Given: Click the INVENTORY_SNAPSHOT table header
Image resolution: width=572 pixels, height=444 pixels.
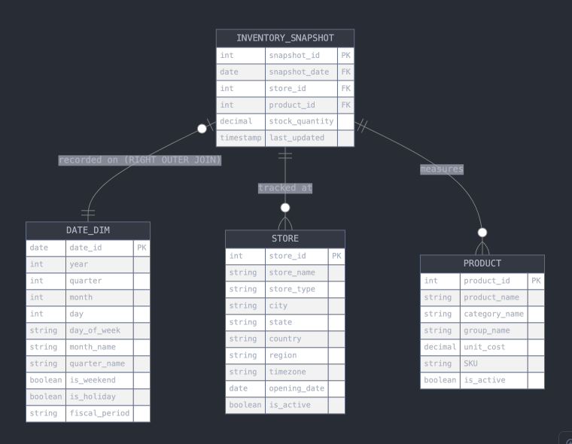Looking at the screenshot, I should [284, 38].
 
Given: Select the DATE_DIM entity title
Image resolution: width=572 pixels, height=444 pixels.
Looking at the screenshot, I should [87, 230].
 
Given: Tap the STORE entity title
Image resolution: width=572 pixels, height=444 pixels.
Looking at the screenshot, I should [284, 239].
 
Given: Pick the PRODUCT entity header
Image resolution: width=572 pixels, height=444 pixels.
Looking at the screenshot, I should [482, 263].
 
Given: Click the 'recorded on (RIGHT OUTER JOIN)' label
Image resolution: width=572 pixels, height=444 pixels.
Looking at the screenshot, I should [140, 160].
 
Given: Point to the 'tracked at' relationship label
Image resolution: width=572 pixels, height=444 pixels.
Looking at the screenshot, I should [284, 188].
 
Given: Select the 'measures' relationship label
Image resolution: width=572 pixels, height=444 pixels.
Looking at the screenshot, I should [442, 169].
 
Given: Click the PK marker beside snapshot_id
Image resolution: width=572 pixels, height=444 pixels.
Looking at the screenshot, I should [345, 55].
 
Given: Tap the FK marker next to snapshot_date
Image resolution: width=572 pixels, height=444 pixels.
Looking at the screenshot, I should [345, 72].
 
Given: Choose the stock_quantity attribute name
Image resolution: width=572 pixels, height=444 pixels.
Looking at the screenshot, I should [301, 121].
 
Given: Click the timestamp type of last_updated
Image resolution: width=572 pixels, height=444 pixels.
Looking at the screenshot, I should [241, 138].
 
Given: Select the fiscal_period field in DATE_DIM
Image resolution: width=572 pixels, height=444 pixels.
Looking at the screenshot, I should [99, 413].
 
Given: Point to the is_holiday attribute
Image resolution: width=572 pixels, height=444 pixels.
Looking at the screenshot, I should [93, 397].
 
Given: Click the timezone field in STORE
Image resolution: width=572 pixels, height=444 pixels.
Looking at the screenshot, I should [288, 372].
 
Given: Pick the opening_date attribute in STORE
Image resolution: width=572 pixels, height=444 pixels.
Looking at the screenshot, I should [296, 388].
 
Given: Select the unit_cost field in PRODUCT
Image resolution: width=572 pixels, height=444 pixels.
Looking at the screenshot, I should [484, 347].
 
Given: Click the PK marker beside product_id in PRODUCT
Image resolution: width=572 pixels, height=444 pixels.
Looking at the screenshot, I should [535, 281].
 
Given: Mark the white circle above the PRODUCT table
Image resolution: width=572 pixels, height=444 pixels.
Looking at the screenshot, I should [482, 233].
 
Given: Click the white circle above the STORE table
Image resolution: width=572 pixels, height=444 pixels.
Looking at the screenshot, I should [284, 208].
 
